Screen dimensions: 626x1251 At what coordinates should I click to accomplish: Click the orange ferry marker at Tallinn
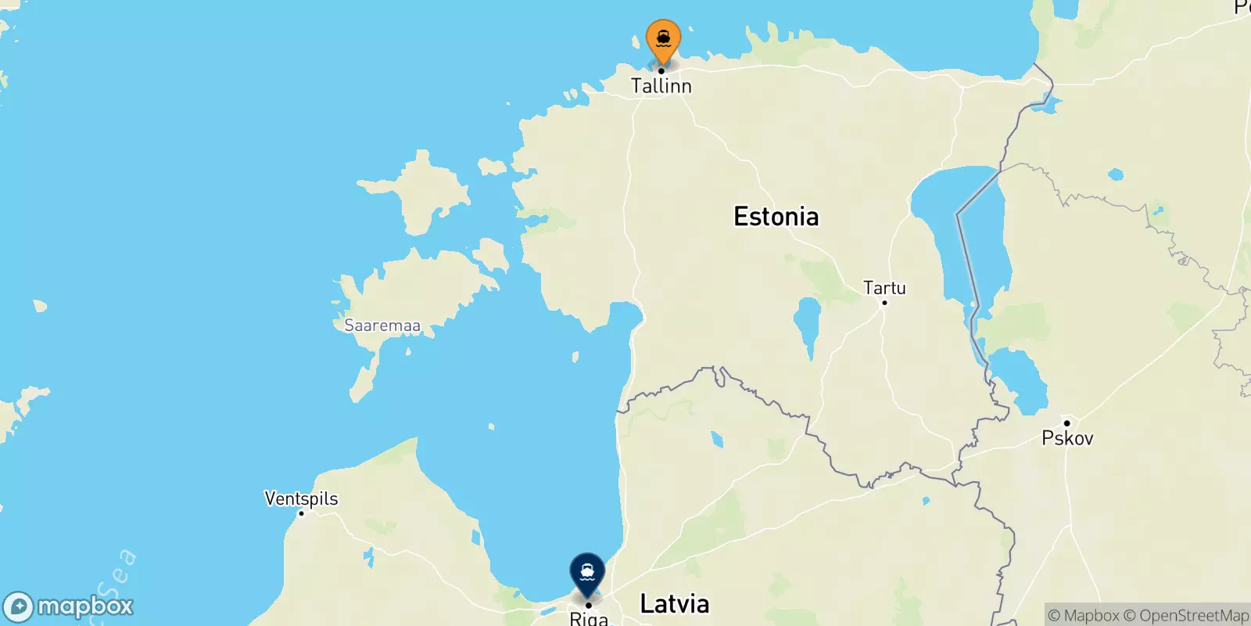pyautogui.click(x=663, y=38)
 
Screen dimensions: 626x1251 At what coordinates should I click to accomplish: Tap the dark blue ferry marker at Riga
pyautogui.click(x=587, y=572)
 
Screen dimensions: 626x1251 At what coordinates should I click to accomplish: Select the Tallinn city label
pyautogui.click(x=661, y=86)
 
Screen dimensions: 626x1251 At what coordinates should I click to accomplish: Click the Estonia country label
pyautogui.click(x=776, y=217)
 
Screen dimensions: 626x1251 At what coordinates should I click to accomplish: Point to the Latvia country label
pyautogui.click(x=675, y=603)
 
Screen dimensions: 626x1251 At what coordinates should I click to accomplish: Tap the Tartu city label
pyautogui.click(x=884, y=287)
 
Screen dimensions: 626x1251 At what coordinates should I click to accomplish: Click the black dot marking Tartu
pyautogui.click(x=884, y=303)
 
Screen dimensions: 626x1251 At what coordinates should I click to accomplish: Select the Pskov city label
pyautogui.click(x=1067, y=438)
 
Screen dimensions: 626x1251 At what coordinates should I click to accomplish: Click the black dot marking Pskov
pyautogui.click(x=1066, y=423)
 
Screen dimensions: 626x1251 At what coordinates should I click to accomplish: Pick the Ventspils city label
pyautogui.click(x=301, y=498)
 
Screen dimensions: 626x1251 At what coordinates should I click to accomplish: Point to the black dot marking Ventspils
pyautogui.click(x=301, y=513)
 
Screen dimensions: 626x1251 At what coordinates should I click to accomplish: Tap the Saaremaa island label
pyautogui.click(x=382, y=326)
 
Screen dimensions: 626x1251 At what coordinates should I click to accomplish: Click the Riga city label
pyautogui.click(x=589, y=619)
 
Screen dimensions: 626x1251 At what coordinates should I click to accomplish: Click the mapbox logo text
pyautogui.click(x=85, y=606)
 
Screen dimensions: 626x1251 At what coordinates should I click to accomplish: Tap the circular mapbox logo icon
pyautogui.click(x=18, y=607)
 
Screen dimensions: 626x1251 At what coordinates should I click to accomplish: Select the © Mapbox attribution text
pyautogui.click(x=1083, y=616)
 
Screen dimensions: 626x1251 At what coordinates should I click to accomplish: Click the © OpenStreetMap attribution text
pyautogui.click(x=1186, y=616)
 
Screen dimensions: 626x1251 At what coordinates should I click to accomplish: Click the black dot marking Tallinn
pyautogui.click(x=661, y=71)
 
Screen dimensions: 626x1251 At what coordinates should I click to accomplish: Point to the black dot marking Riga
pyautogui.click(x=588, y=605)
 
